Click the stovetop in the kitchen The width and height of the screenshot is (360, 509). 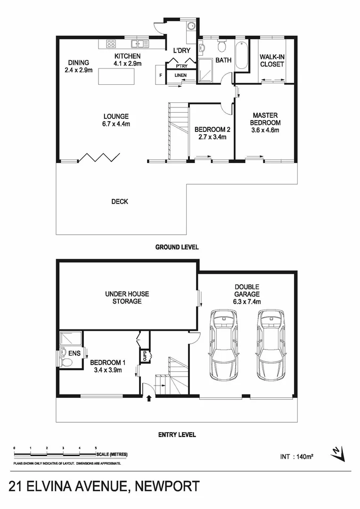pyautogui.click(x=111, y=44)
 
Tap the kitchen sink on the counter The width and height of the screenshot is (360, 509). pyautogui.click(x=140, y=44)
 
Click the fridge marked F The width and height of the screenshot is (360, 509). pyautogui.click(x=161, y=75)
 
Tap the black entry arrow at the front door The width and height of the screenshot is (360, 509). pyautogui.click(x=149, y=398)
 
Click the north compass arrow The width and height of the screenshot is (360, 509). pyautogui.click(x=336, y=452)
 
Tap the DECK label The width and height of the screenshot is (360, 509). pyautogui.click(x=120, y=202)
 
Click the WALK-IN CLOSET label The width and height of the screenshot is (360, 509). pyautogui.click(x=272, y=61)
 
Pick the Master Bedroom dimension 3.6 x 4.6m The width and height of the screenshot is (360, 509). pyautogui.click(x=265, y=130)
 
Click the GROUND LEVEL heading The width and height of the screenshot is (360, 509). pyautogui.click(x=177, y=247)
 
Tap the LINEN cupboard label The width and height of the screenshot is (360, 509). pyautogui.click(x=180, y=75)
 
